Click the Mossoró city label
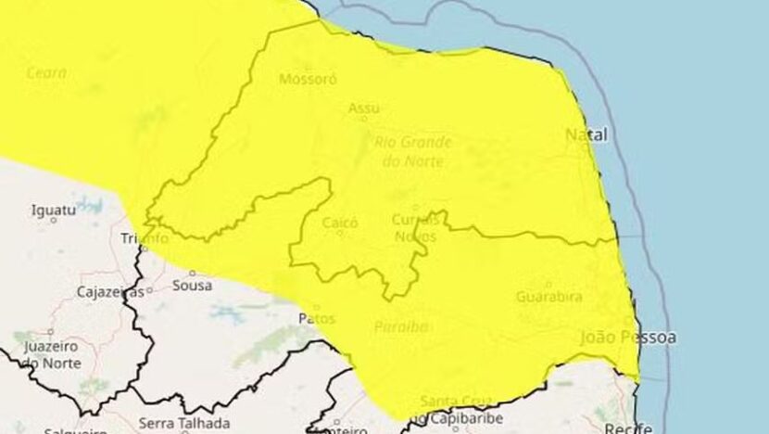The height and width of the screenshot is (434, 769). [x=308, y=79]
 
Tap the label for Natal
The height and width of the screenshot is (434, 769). [x=586, y=135]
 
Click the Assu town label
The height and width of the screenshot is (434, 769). [x=363, y=109]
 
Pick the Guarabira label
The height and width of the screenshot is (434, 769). [x=549, y=297]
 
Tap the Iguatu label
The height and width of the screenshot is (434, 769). [x=53, y=211]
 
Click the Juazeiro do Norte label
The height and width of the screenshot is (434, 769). [x=50, y=354]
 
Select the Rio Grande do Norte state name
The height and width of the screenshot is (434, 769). [x=412, y=151]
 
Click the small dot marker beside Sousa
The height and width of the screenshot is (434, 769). [x=192, y=274]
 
